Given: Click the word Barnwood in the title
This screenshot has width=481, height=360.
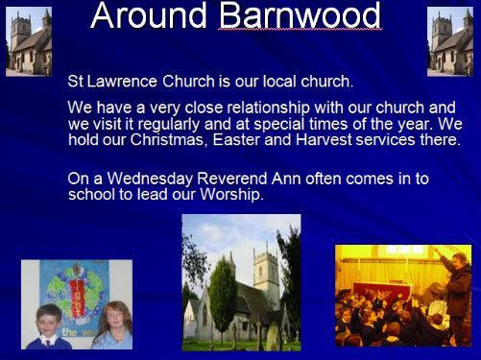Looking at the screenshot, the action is (x=300, y=15).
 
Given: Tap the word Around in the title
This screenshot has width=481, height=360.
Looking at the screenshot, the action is (x=149, y=15).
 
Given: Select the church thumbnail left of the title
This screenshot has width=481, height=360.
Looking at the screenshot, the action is (x=29, y=41).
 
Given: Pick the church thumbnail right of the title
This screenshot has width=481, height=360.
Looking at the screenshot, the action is (x=450, y=41).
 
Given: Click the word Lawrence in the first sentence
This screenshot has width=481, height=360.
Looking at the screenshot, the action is (x=122, y=82).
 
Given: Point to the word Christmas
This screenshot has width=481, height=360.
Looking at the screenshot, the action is (x=166, y=140).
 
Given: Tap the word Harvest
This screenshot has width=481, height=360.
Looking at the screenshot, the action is (x=324, y=140).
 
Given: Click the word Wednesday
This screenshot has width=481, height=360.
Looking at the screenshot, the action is (x=150, y=179).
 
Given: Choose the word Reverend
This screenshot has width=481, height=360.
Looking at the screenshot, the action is (x=232, y=179).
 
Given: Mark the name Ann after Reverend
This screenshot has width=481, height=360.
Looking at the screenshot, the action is (x=286, y=179).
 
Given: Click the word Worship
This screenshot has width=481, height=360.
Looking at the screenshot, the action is (x=231, y=194).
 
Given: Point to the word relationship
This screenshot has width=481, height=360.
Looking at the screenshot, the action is (x=269, y=108).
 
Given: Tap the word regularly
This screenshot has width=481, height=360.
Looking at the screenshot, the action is (x=169, y=124).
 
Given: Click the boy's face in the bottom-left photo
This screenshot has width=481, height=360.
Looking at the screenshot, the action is (x=49, y=322).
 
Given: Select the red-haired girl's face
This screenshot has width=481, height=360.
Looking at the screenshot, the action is (x=115, y=317).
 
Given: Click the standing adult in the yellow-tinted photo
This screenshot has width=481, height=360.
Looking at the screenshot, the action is (x=456, y=295).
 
